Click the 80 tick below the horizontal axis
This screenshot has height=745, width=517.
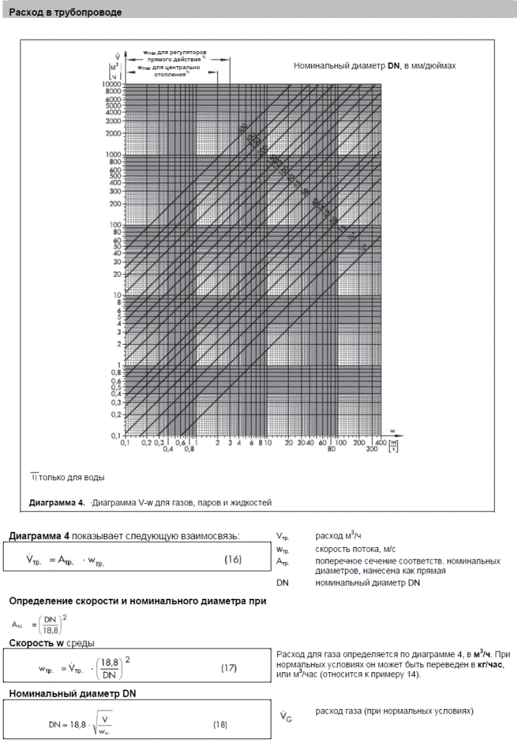coord(332,449)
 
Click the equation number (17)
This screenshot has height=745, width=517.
coord(228,668)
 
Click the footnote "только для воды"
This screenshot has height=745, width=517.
coord(71,477)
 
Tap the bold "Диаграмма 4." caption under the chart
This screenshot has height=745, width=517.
coord(58,502)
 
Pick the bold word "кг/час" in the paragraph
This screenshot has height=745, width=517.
coord(493,664)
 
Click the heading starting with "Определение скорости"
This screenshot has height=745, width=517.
coord(137,601)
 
